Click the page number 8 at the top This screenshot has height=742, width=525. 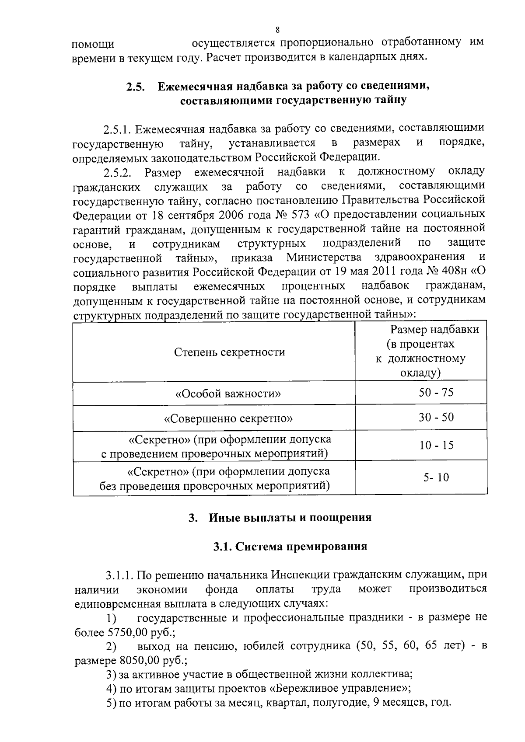(x=277, y=30)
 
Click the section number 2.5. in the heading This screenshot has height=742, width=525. (x=136, y=87)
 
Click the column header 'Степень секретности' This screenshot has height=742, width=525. (x=230, y=352)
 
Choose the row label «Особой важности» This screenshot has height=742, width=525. (x=228, y=394)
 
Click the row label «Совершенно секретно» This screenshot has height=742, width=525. (x=228, y=418)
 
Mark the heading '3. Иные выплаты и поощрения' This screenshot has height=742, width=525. (x=280, y=518)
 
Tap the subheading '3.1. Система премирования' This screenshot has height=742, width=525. (x=290, y=547)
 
